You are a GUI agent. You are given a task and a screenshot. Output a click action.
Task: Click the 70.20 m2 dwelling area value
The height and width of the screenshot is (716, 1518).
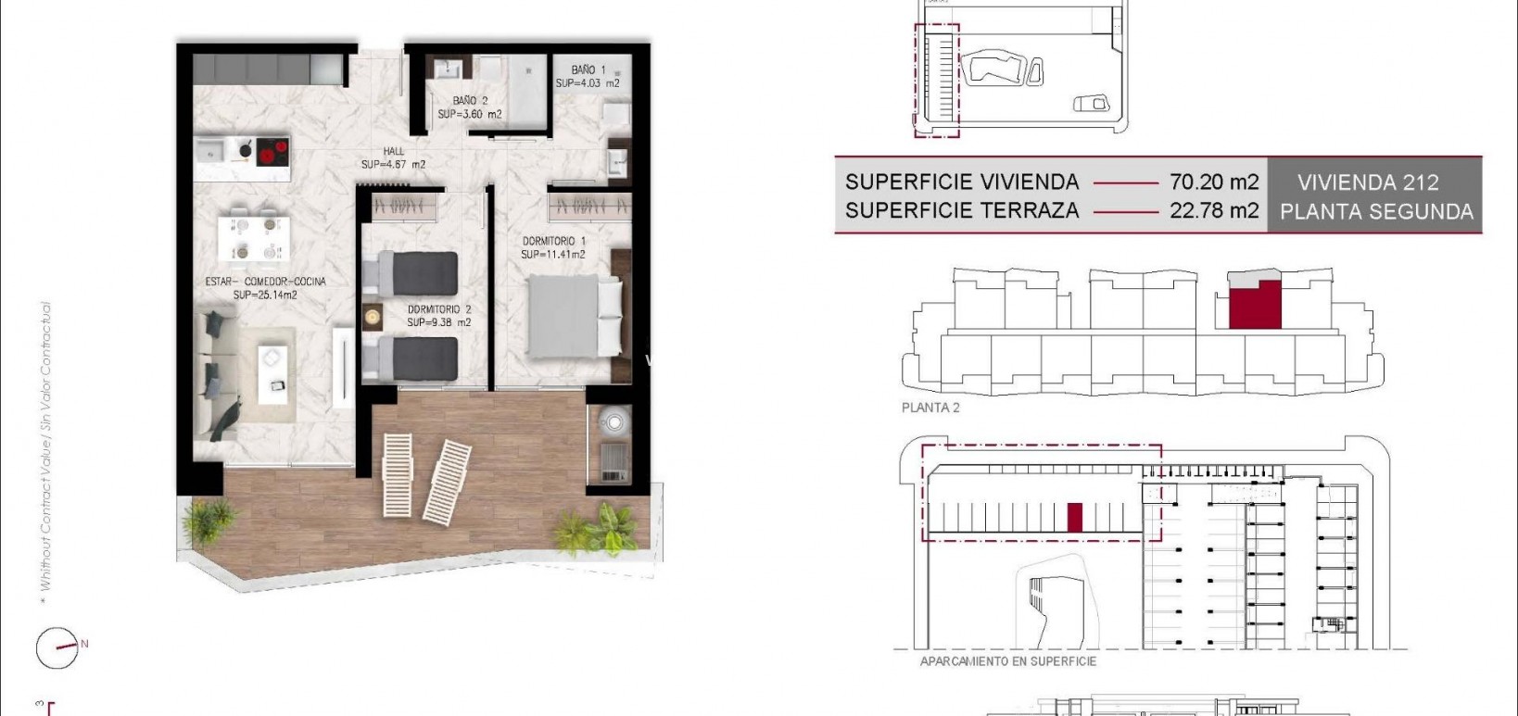point(1214,182)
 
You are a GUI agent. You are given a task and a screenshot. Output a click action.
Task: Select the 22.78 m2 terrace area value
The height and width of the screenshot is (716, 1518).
point(1214,211)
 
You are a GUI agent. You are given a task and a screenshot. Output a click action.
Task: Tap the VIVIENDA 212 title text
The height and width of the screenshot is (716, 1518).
point(1368,182)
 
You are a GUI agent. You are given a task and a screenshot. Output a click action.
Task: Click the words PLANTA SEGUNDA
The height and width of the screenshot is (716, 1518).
point(1376,212)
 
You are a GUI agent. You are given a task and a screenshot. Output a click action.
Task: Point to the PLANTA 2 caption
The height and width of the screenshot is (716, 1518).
point(930,408)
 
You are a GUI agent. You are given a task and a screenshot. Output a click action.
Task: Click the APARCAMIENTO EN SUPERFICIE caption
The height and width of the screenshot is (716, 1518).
point(1007,661)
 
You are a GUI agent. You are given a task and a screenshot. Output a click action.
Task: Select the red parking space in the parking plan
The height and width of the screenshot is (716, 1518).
point(1075,517)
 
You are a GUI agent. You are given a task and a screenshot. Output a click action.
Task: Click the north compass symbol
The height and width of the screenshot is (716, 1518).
point(57,647)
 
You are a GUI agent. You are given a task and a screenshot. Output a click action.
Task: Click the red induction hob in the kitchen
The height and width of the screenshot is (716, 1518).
point(272,151)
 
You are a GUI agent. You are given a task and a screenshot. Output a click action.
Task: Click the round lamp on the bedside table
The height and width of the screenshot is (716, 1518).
point(373,317)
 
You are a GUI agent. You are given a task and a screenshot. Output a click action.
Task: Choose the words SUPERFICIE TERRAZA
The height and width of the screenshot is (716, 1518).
point(962,211)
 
